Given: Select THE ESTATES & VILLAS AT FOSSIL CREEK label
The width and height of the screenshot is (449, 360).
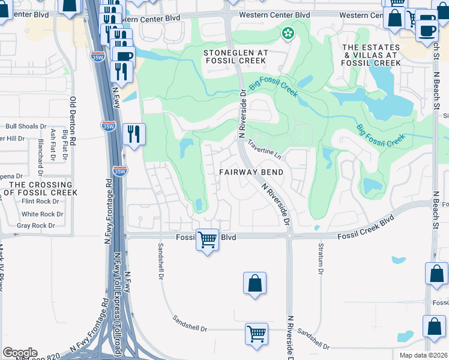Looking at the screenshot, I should point(370,55).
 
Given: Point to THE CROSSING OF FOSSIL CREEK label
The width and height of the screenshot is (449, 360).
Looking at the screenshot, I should point(40,188).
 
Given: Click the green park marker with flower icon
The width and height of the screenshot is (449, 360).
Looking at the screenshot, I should point(288,33).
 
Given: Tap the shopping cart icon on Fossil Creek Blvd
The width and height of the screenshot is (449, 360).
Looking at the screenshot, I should point(208,239).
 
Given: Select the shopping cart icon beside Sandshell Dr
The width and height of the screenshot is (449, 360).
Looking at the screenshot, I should point(257,333).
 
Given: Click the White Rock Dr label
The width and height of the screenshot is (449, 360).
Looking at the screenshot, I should point(42,214).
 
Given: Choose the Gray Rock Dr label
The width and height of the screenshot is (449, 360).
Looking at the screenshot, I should point(36,226).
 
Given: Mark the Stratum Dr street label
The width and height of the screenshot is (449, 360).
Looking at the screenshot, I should point(320,259).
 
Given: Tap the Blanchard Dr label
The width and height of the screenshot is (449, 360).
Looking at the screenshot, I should point(41,154).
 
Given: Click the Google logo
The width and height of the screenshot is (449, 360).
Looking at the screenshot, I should point(20,353).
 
